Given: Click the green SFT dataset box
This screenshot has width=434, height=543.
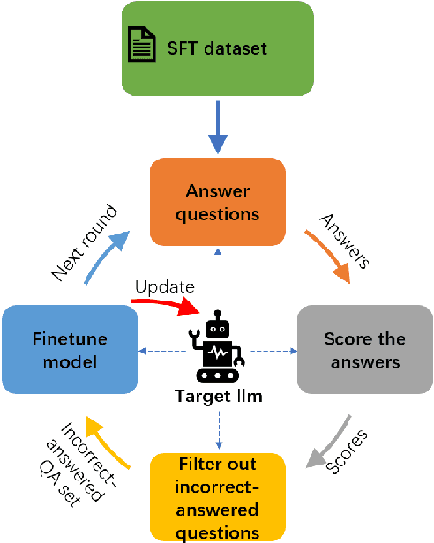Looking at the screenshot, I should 217,48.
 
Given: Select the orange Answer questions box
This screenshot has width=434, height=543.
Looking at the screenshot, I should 217,202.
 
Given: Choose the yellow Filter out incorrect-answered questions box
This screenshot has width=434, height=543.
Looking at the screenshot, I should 217,496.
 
